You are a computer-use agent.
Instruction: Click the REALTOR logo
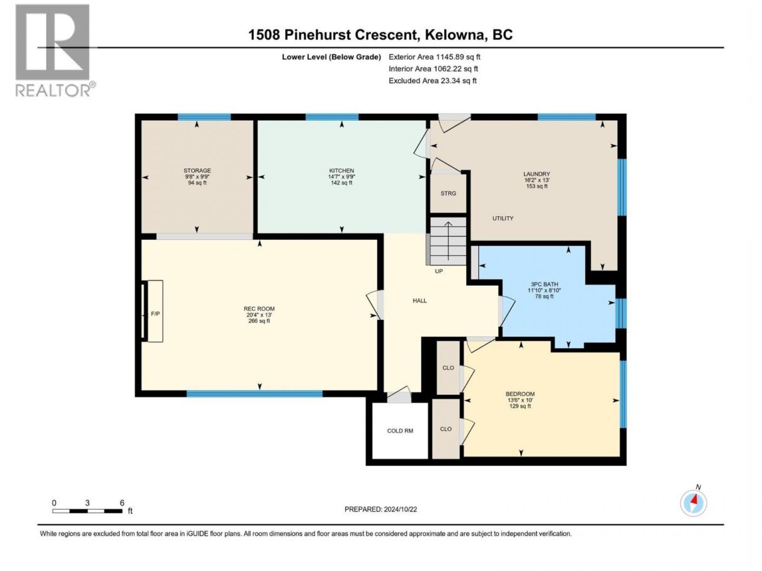point(56,51)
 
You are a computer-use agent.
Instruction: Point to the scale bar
point(88,511)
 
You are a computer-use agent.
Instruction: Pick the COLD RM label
point(400,431)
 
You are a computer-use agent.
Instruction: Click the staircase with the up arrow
point(448,241)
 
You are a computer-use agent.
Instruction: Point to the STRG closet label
point(448,193)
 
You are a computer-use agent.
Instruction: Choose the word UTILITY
point(503,218)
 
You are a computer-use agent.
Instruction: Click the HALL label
point(419,301)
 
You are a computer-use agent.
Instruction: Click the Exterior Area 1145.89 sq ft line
point(434,57)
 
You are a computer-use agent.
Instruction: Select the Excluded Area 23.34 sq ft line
point(432,81)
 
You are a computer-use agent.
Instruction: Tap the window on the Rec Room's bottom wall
point(254,393)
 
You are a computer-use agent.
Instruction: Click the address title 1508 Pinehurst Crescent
point(333,35)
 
